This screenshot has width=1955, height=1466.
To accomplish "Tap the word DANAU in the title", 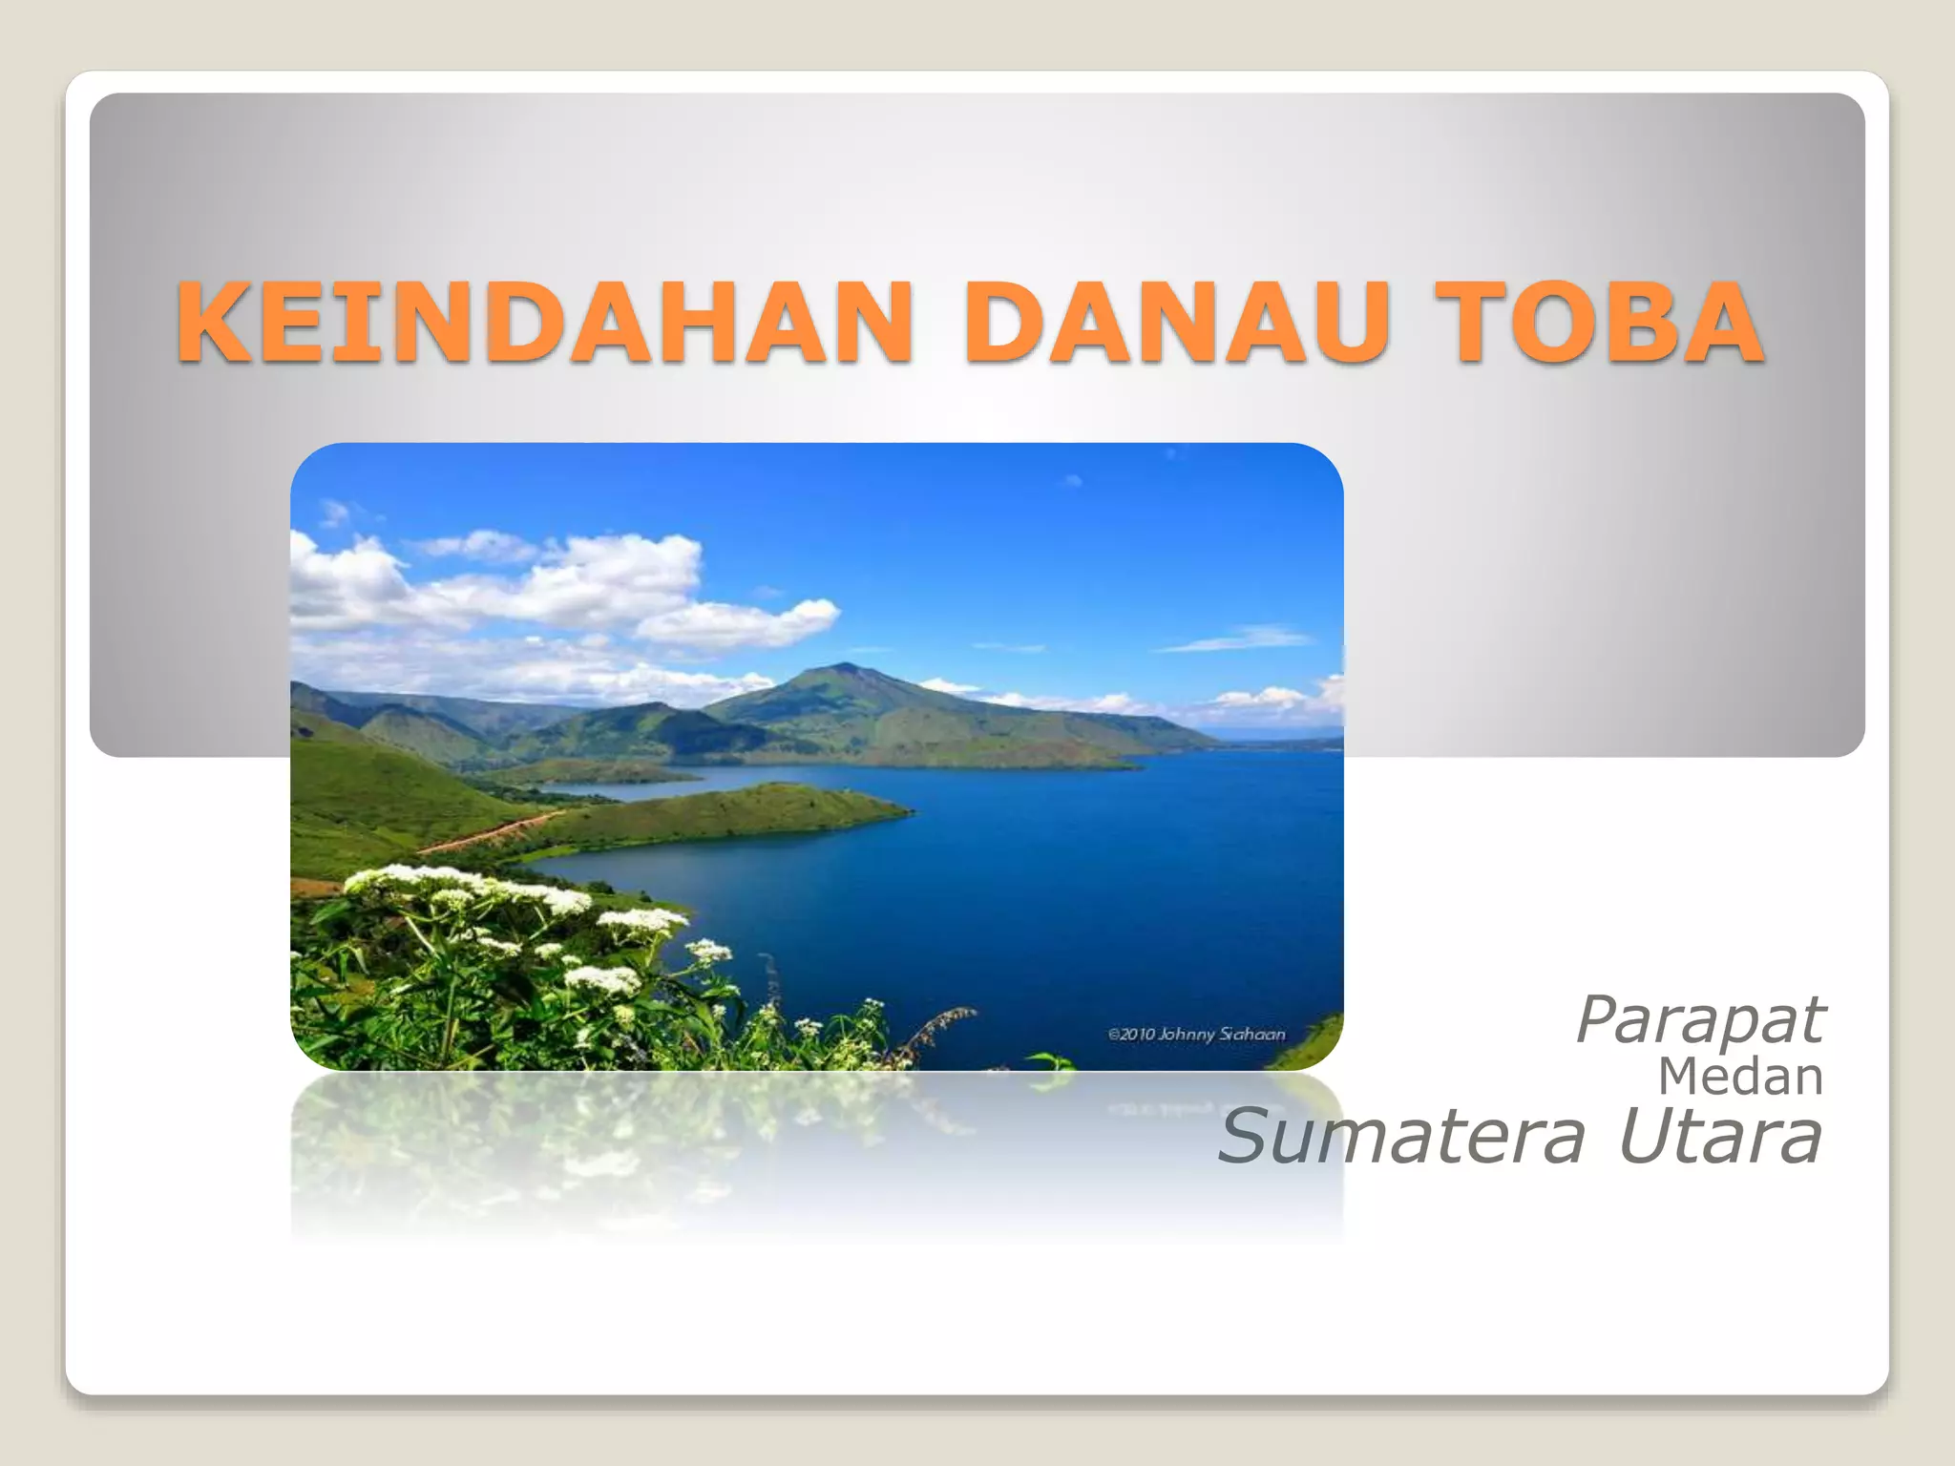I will coord(1174,323).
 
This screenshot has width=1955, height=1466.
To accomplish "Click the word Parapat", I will coord(1699,1020).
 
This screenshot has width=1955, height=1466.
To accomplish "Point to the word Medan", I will coord(1740,1077).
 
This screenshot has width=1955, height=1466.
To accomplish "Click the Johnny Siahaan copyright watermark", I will coord(1196,1034).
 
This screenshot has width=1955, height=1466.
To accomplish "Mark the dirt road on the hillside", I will coord(487,832).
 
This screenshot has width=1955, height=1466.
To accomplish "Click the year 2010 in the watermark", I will coord(1136,1034).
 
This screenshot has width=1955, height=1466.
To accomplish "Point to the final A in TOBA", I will coord(1719,323).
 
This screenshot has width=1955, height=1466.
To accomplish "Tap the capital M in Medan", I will coord(1680,1077).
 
